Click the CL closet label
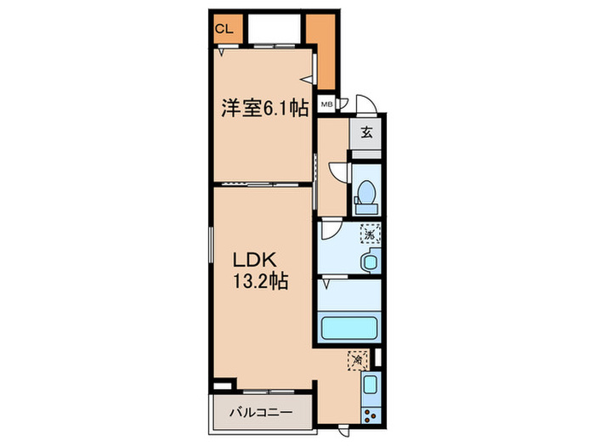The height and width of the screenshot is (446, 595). (x=224, y=28)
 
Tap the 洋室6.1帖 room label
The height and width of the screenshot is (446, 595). (x=264, y=108)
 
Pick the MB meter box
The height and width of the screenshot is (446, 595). (x=326, y=106)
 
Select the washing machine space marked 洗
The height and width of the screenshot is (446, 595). (x=371, y=231)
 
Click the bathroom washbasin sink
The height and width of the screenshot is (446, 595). (x=371, y=262)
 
